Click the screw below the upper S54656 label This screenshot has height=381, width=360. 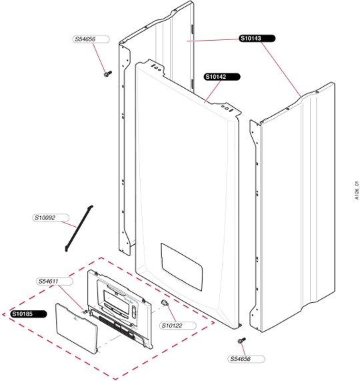(108, 73)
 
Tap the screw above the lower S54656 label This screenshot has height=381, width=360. (242, 340)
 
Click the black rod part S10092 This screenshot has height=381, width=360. (79, 228)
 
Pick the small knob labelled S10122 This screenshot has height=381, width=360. (165, 303)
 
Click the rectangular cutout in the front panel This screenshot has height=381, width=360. (181, 266)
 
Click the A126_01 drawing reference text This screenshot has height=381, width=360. (357, 190)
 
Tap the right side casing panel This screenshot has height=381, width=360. (292, 207)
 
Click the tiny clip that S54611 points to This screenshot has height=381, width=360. (85, 312)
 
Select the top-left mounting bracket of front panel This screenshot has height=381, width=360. (154, 66)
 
